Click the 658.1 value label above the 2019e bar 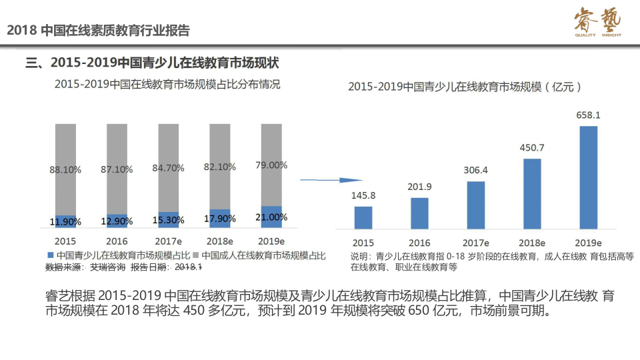[588, 115]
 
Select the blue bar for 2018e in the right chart [532, 193]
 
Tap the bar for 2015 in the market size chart [363, 217]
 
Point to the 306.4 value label [476, 170]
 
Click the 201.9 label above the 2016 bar [419, 186]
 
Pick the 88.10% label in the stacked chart [65, 169]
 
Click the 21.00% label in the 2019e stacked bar [271, 217]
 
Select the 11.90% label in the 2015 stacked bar [65, 221]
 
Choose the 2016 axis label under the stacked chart [117, 241]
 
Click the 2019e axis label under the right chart [588, 243]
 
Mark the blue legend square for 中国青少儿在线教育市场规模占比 [50, 255]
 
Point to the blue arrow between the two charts [331, 180]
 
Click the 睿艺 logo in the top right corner [597, 23]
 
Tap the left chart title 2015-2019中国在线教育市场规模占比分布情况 [167, 85]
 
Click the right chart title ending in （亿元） [466, 87]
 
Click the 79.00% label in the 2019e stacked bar [271, 165]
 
